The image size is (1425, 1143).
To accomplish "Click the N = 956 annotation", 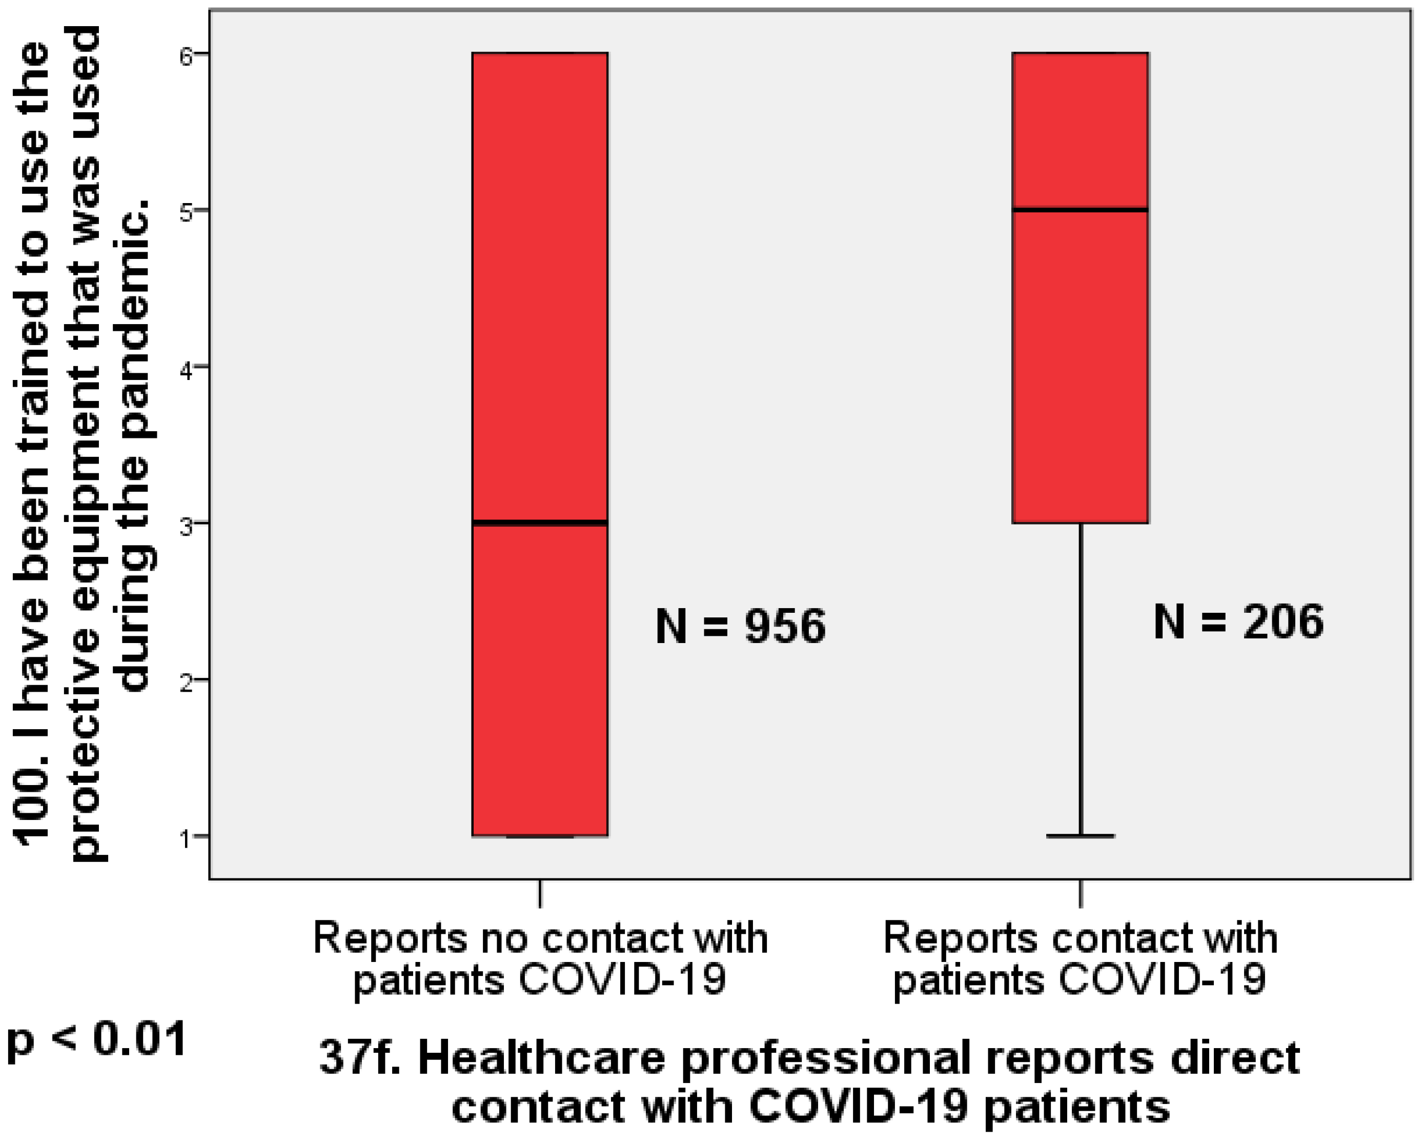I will coord(740,626).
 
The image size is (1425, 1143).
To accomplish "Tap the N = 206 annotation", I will coord(1238,621).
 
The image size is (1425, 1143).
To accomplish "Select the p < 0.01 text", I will coord(96,1040).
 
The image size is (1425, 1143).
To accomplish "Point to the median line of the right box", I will coord(1080,210).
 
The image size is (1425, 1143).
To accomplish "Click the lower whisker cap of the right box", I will coord(1080,836).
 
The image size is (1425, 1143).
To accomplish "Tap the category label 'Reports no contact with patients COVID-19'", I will coord(540,958).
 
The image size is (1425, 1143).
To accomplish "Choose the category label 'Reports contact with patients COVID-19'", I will coord(1080,958).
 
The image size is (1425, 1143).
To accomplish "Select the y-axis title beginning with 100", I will coord(83,443).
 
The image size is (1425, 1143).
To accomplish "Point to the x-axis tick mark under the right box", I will coord(1080,894).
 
